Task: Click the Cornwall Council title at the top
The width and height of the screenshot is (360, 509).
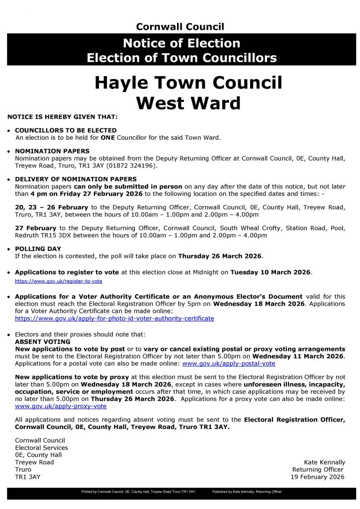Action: click(x=180, y=27)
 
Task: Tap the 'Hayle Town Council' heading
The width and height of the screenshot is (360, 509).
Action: click(x=188, y=83)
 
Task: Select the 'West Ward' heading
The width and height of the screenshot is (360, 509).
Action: click(x=188, y=103)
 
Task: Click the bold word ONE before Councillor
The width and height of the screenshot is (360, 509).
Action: click(x=107, y=137)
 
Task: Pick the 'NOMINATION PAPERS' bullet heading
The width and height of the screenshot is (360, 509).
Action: click(x=52, y=151)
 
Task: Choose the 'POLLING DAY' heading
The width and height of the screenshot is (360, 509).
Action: click(x=38, y=249)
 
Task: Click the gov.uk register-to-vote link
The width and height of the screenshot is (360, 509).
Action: click(x=59, y=281)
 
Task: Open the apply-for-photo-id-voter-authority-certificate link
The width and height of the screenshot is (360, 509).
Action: click(x=114, y=318)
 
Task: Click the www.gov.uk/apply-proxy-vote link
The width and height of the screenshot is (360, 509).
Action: click(x=61, y=406)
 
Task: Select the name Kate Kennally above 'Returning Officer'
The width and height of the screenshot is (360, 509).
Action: click(x=324, y=462)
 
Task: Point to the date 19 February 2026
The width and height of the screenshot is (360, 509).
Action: click(x=317, y=477)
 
